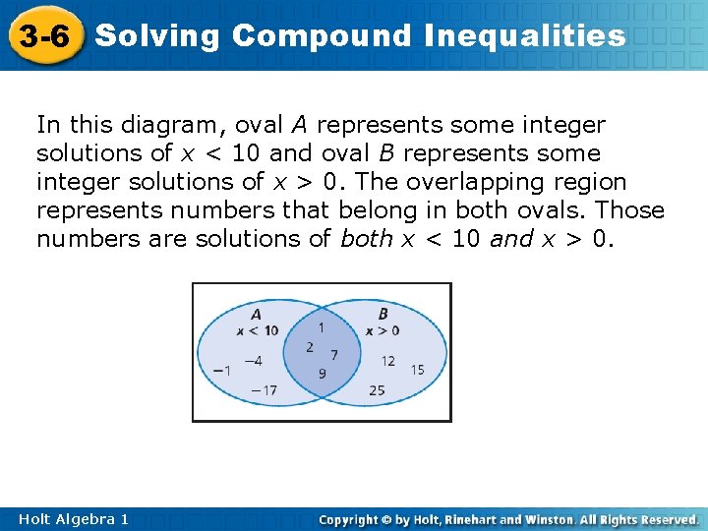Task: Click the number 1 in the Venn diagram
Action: pyautogui.click(x=322, y=325)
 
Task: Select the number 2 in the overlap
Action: pyautogui.click(x=310, y=347)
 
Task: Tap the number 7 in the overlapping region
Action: pyautogui.click(x=334, y=354)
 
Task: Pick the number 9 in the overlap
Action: pyautogui.click(x=322, y=374)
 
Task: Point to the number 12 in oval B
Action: pyautogui.click(x=387, y=361)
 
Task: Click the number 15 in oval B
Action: pyautogui.click(x=418, y=370)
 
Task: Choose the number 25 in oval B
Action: pyautogui.click(x=377, y=390)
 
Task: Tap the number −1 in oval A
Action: pyautogui.click(x=222, y=370)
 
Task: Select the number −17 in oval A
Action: pyautogui.click(x=263, y=390)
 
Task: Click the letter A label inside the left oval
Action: pyautogui.click(x=256, y=315)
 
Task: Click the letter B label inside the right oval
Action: pyautogui.click(x=383, y=315)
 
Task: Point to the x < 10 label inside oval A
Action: pyautogui.click(x=257, y=330)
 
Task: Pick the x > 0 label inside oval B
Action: pyautogui.click(x=383, y=330)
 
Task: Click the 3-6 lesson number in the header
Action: pyautogui.click(x=44, y=37)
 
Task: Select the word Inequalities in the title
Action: pyautogui.click(x=525, y=36)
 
